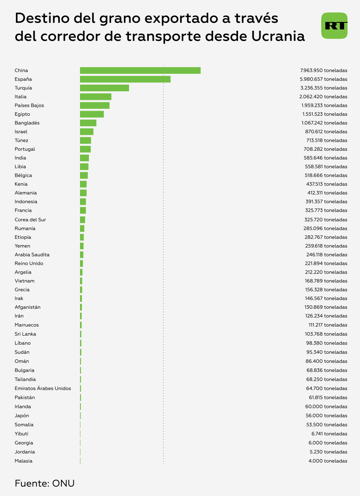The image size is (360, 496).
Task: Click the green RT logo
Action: (x=334, y=26)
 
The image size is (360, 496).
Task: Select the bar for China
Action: (x=140, y=70)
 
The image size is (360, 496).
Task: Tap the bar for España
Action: (x=125, y=79)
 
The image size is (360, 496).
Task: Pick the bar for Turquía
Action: (x=104, y=88)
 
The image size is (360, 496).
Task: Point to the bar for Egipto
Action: (x=92, y=114)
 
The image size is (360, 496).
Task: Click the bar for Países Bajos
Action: (x=95, y=105)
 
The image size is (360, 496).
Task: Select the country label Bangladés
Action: (x=27, y=123)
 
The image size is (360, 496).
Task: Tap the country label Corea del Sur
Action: (x=30, y=220)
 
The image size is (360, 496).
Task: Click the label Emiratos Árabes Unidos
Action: (x=43, y=388)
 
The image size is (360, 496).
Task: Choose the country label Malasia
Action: (x=24, y=461)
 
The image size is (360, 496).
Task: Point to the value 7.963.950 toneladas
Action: (x=324, y=71)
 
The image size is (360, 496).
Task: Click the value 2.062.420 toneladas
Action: (x=324, y=97)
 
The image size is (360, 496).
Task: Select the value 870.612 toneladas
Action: (x=326, y=132)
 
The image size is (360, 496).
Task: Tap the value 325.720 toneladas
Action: (x=326, y=220)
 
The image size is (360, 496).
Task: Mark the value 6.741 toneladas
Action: (x=329, y=434)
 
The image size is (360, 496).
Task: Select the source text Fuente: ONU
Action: (x=45, y=484)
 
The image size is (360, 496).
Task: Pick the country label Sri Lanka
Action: (x=26, y=334)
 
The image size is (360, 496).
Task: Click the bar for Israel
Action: (x=87, y=132)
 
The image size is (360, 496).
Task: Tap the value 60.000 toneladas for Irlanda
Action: (x=327, y=407)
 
